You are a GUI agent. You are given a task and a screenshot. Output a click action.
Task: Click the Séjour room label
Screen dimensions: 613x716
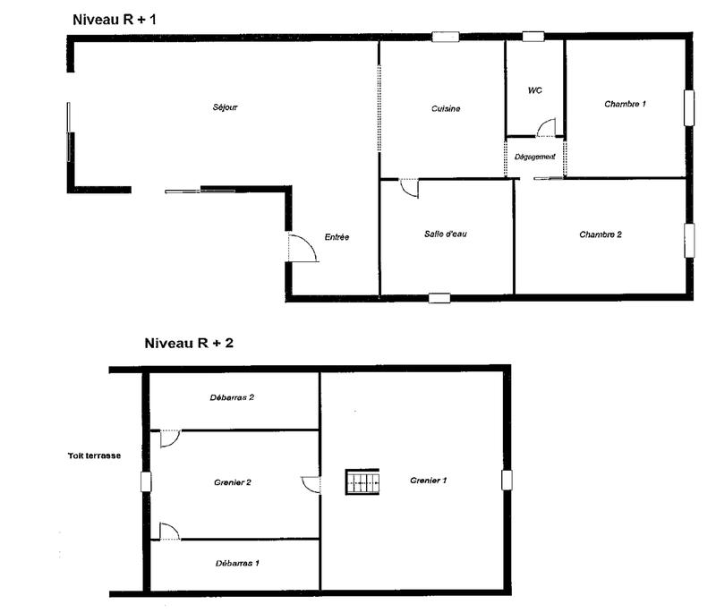point(225,107)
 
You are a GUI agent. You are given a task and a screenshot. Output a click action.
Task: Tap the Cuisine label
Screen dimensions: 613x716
point(446,109)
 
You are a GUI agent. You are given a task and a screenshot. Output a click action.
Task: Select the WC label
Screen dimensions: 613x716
point(535,91)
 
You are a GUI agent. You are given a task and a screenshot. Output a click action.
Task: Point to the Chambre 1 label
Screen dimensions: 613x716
point(625,105)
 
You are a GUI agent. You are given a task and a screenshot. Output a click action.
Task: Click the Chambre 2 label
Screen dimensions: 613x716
point(600,234)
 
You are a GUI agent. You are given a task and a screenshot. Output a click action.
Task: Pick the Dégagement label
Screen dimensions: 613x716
point(535,157)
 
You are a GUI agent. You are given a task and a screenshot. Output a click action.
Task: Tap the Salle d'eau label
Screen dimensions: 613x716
point(446,234)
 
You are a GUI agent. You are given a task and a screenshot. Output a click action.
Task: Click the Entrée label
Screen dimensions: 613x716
point(337,237)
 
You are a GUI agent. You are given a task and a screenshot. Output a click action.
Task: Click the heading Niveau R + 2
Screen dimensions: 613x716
point(189,342)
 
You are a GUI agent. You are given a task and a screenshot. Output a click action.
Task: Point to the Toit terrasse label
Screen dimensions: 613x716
point(94,455)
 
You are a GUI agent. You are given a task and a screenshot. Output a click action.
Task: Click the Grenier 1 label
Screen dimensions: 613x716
point(429,481)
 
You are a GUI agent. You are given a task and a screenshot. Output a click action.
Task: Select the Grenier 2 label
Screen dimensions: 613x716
point(232,482)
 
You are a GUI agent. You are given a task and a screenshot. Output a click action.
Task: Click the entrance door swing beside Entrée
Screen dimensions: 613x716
point(303,247)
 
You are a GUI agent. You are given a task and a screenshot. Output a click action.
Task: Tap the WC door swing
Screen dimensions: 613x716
point(546,127)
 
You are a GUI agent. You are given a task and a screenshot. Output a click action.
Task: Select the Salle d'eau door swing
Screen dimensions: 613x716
point(407,189)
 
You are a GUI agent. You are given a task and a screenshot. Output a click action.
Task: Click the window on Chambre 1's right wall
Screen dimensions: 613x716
point(690,107)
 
